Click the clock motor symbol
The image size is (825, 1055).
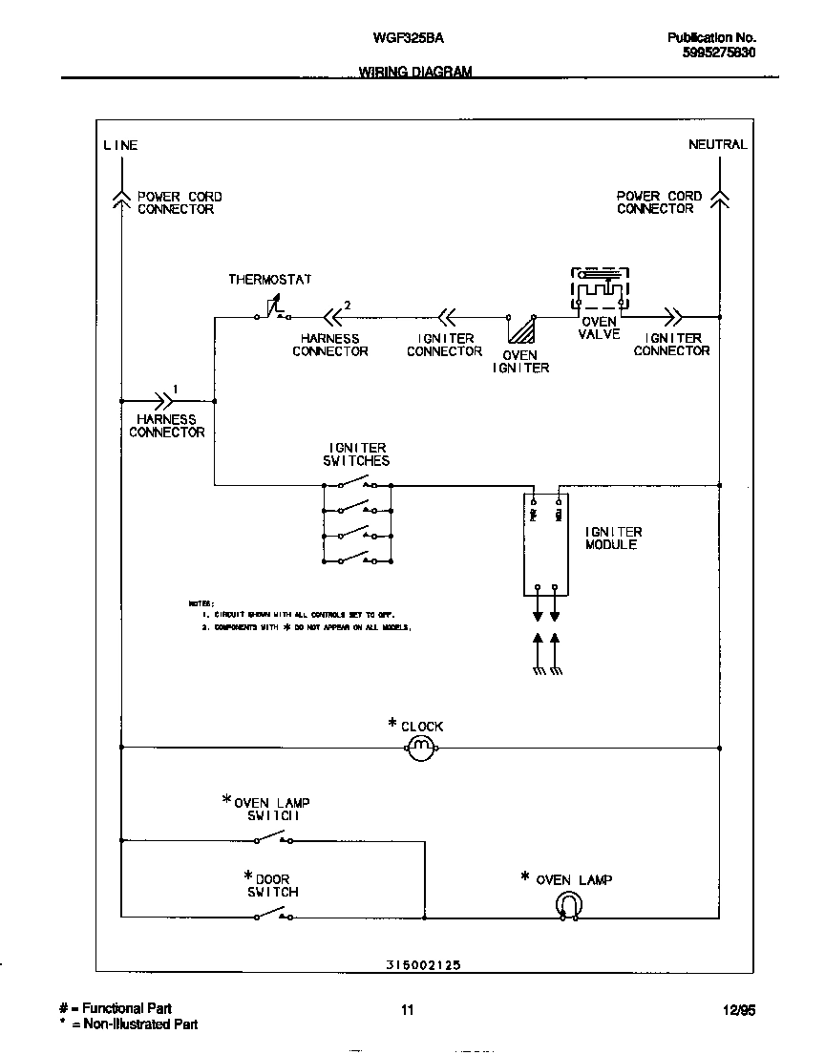421,749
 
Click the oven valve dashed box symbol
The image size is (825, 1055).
600,288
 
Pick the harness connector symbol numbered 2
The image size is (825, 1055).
333,316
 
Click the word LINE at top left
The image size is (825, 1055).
120,145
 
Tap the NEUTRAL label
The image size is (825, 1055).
717,144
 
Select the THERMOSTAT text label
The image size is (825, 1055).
269,280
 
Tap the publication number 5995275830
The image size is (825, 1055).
719,53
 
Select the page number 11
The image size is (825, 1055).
408,1010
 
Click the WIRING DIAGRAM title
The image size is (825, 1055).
415,73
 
